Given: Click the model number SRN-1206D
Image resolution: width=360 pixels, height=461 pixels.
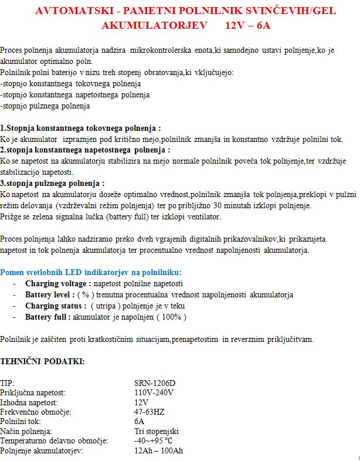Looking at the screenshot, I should click(155, 383).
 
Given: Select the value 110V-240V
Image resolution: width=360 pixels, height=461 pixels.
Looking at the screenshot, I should click(154, 392).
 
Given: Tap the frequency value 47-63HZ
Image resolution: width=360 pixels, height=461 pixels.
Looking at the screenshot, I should click(150, 412).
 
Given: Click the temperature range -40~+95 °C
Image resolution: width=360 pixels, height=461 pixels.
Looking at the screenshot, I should click(154, 440).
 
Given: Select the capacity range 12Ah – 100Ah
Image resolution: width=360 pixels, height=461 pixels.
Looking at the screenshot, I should click(158, 450).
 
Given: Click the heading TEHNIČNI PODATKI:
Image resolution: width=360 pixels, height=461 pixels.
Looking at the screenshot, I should click(42, 361).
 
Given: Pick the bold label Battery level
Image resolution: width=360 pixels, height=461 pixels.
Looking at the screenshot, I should click(48, 294).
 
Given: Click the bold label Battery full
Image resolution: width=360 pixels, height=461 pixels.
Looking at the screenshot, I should click(47, 317).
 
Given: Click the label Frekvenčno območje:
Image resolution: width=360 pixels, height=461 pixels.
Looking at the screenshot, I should click(36, 412).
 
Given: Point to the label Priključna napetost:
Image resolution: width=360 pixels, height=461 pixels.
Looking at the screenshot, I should click(33, 392).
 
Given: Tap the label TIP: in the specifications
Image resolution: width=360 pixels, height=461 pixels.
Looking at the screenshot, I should click(8, 383).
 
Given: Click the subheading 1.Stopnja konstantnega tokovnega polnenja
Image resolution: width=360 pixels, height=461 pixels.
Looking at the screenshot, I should click(80, 127).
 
